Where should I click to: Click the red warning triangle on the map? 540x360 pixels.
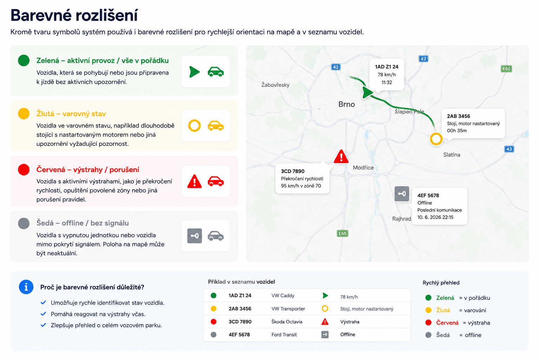click(341, 157)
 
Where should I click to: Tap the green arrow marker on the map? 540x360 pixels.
click(367, 92)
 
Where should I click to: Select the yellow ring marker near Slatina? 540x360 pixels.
click(436, 139)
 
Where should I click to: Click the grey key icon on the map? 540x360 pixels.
click(402, 194)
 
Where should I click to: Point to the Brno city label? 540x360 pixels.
click(346, 104)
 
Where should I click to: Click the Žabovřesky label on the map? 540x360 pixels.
click(275, 85)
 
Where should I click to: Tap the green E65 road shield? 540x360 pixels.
click(342, 233)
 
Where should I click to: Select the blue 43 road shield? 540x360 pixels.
click(509, 149)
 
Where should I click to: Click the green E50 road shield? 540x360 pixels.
click(506, 69)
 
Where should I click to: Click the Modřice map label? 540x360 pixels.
click(363, 168)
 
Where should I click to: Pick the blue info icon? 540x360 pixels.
click(26, 287)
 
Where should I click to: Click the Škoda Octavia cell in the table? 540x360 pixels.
click(287, 322)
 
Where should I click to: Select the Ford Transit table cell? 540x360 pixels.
click(284, 335)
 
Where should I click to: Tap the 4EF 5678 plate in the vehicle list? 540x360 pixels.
click(239, 335)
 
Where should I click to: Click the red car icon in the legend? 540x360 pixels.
click(216, 181)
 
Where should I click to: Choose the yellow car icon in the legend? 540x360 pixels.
click(216, 126)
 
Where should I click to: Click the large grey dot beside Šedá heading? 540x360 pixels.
click(24, 223)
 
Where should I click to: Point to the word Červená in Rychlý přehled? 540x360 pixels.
click(447, 323)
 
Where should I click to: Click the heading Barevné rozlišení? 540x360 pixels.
click(74, 15)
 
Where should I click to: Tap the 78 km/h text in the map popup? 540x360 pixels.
click(387, 75)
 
